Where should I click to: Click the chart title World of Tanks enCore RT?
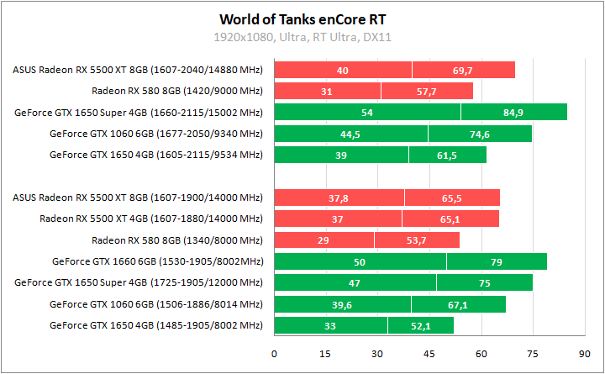coord(302,18)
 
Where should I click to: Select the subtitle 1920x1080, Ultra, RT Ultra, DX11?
coord(302,37)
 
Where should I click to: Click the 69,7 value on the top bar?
coord(462,71)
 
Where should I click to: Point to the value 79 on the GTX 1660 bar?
coord(497,262)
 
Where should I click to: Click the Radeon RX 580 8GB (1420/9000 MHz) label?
coord(176,91)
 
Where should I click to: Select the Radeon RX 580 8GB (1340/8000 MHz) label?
coord(176,240)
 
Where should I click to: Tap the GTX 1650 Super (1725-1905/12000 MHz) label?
coord(139,282)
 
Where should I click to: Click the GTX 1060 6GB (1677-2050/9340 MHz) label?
coord(155,134)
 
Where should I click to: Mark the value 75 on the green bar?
coord(485,283)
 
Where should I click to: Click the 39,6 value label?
coord(342,304)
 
